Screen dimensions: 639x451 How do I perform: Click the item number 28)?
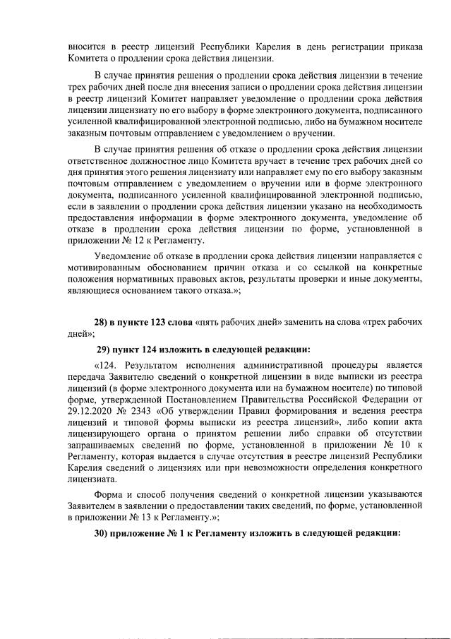(102, 322)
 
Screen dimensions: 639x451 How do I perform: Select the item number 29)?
(104, 349)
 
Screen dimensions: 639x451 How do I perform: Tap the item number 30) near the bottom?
(102, 532)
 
